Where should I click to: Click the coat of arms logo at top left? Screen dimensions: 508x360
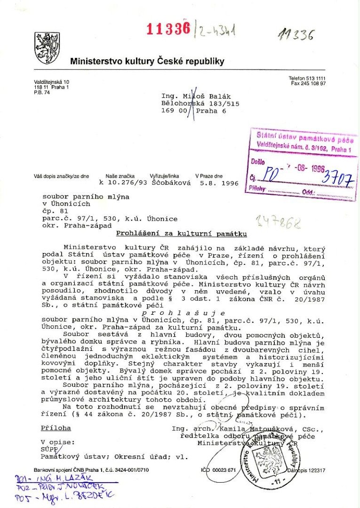[x=47, y=48]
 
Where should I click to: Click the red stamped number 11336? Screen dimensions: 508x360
[x=168, y=29]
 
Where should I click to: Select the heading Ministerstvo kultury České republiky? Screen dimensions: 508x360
[x=147, y=61]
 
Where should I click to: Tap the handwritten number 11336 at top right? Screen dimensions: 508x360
[x=296, y=34]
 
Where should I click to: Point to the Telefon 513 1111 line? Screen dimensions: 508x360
[x=307, y=78]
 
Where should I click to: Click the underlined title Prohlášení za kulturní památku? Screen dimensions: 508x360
[x=182, y=234]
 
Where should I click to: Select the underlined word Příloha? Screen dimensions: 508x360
[x=56, y=429]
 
